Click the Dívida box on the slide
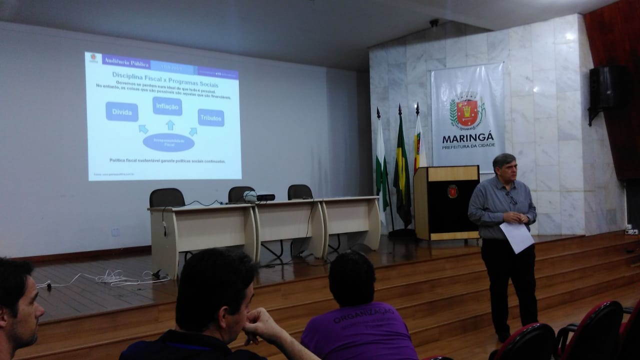(121, 111)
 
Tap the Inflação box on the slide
(167, 106)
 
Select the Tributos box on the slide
(210, 117)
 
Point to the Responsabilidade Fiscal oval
(168, 142)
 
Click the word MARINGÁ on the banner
(468, 137)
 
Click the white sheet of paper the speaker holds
(516, 236)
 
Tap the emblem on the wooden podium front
(452, 191)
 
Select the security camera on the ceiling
(433, 23)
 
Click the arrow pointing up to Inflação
(170, 124)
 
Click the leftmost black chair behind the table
(167, 198)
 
